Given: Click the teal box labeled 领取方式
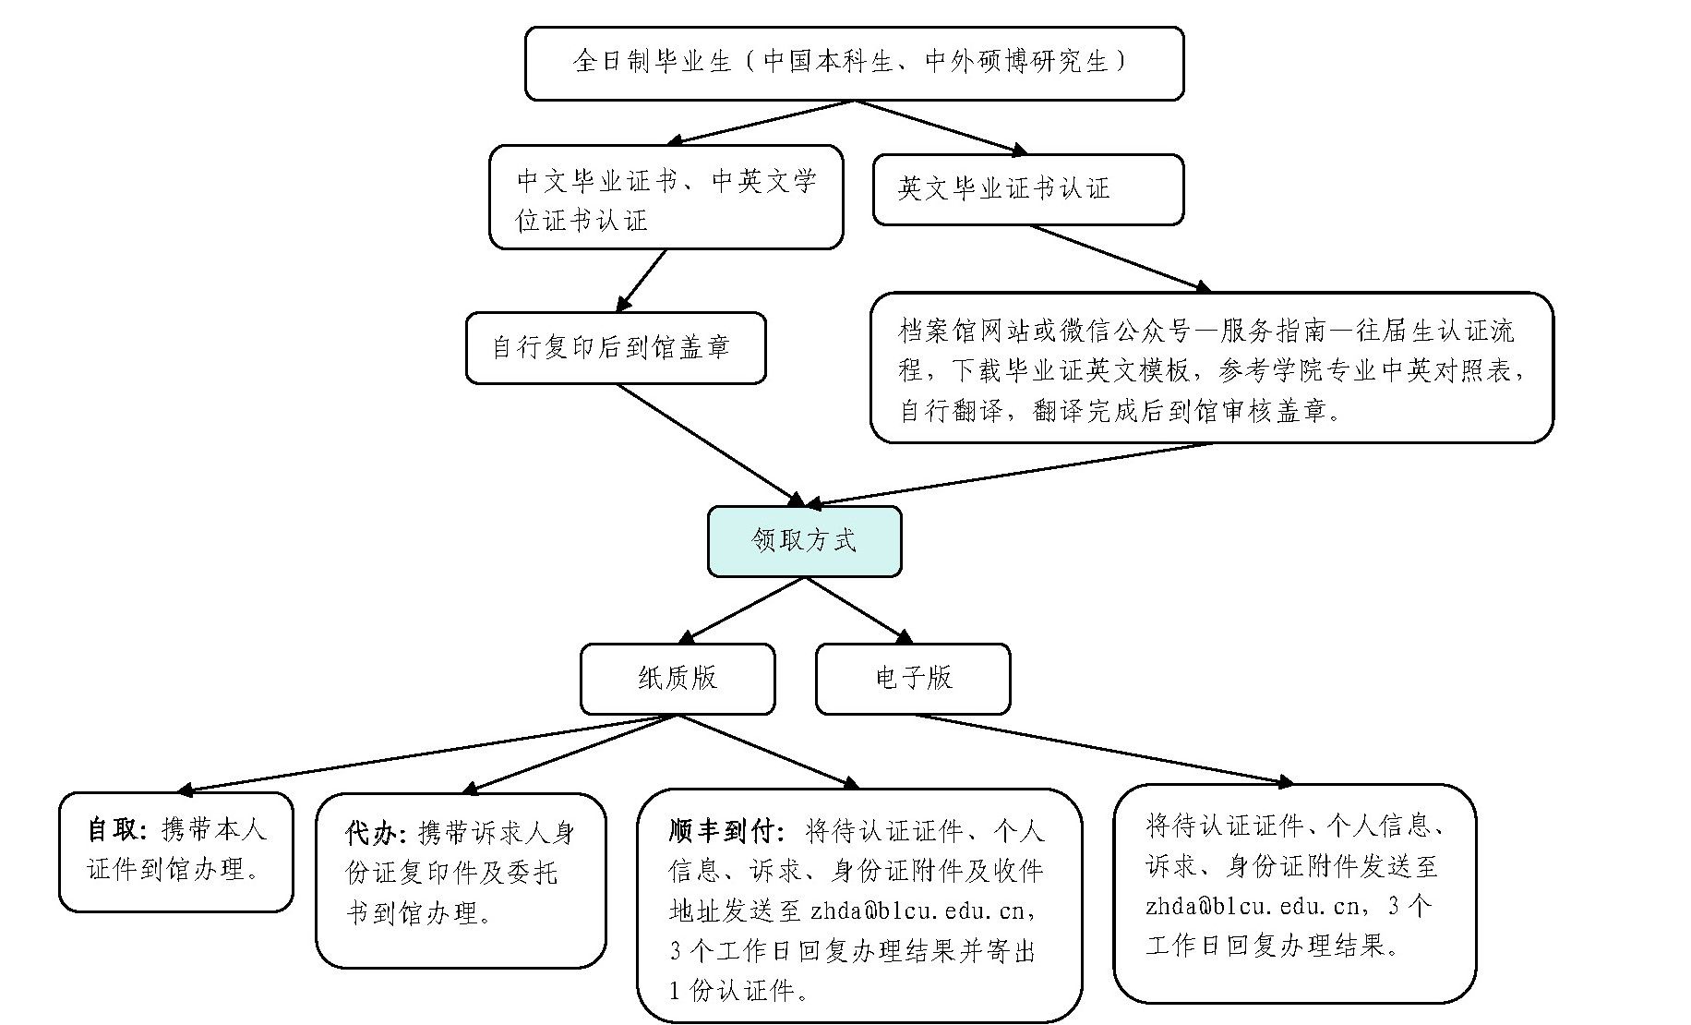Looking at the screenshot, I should [x=804, y=541].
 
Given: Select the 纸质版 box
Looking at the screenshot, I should [x=677, y=679].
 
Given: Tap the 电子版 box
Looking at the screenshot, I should [x=913, y=679].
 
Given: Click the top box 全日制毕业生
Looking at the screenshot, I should [x=854, y=63].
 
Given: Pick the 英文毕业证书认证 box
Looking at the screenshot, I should [x=1027, y=189].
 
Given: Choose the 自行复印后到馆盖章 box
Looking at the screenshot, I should [x=615, y=348].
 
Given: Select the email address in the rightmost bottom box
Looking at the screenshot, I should [x=1252, y=906].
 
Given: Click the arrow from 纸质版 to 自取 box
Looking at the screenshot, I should [x=425, y=753].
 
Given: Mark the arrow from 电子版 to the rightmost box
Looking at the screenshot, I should [x=1103, y=749].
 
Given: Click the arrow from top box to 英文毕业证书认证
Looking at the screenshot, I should [x=941, y=127].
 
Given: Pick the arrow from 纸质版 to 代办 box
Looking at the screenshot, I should [x=569, y=754].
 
